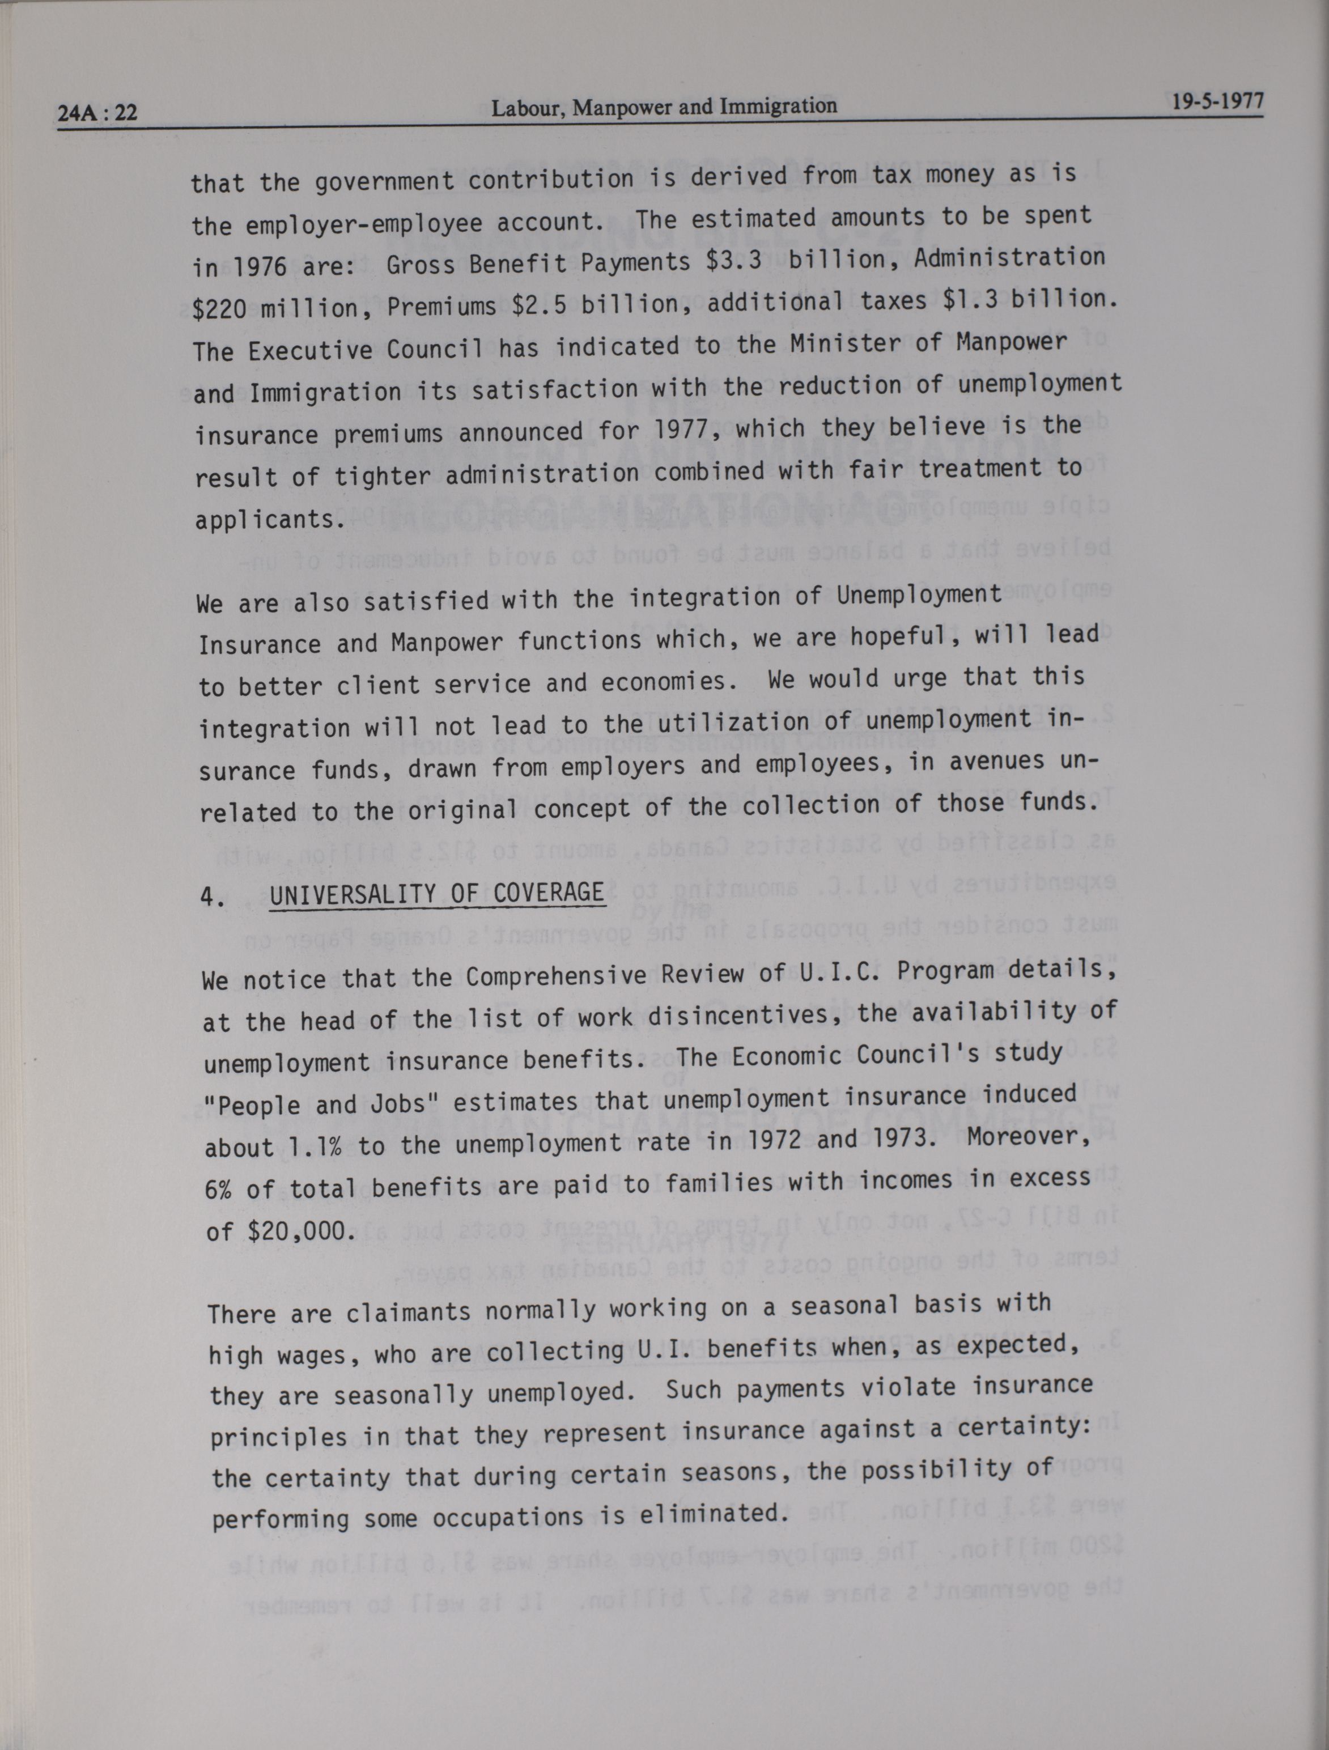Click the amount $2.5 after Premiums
[539, 304]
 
